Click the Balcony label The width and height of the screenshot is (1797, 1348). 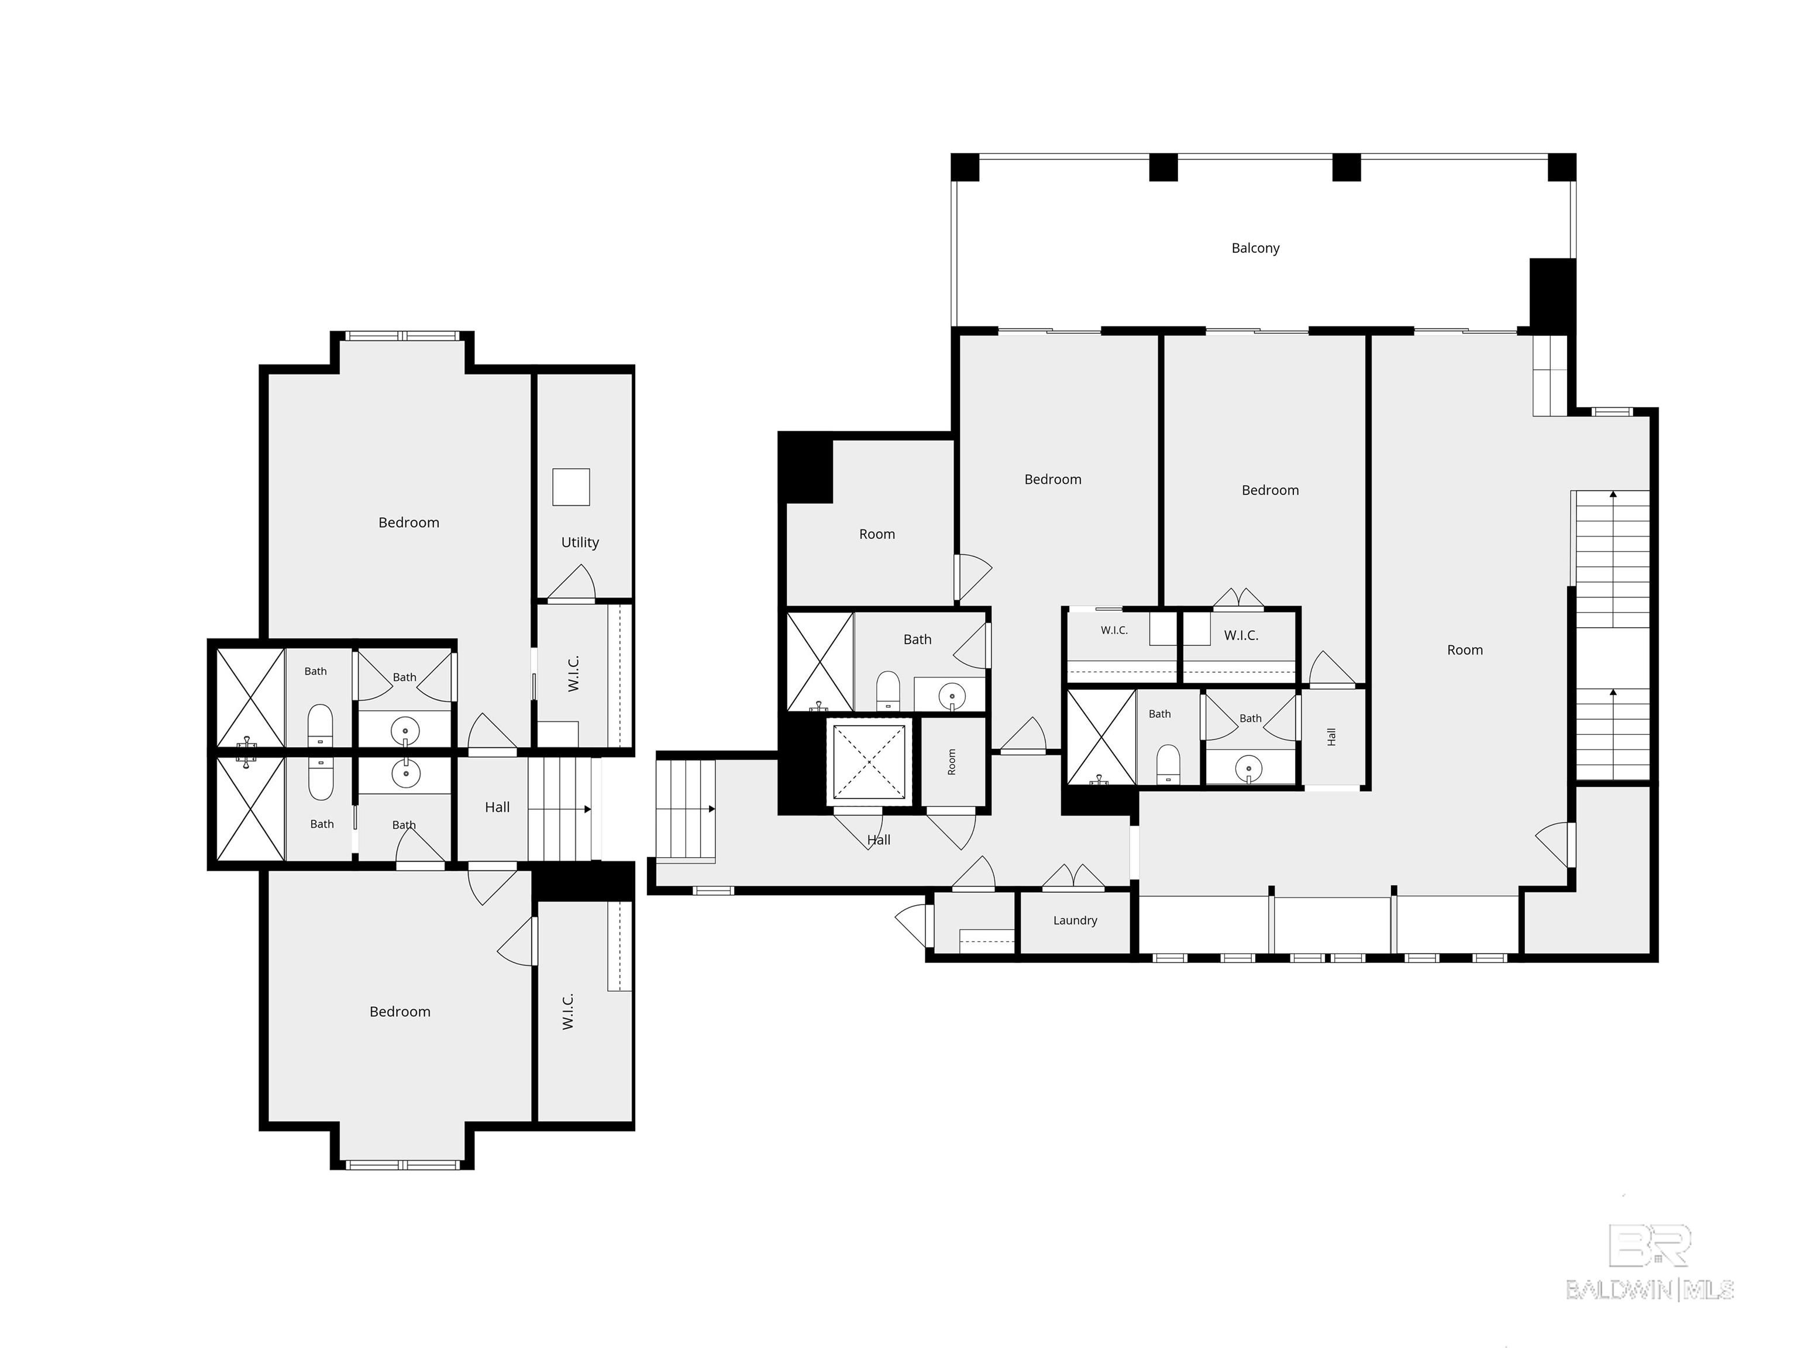pos(1255,249)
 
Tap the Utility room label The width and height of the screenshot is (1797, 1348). pos(580,542)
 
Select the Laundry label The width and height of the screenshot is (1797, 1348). pos(1075,920)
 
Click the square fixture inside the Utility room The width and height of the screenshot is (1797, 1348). pos(571,487)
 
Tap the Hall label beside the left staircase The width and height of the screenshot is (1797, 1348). pos(497,807)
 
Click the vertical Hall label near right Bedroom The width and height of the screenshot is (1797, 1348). pos(1331,737)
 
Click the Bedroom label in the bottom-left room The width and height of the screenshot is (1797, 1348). pos(400,1012)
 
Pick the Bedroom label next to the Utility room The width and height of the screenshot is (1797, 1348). pos(409,522)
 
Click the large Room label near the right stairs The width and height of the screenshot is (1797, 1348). pos(1465,650)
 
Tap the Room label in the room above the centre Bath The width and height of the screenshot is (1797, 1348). pos(877,534)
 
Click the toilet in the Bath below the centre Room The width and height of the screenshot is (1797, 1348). pos(888,690)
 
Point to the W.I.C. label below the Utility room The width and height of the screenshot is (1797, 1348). pos(573,673)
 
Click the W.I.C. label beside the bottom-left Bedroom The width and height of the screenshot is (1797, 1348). pos(568,1011)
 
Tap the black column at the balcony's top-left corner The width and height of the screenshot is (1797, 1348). pos(965,167)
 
